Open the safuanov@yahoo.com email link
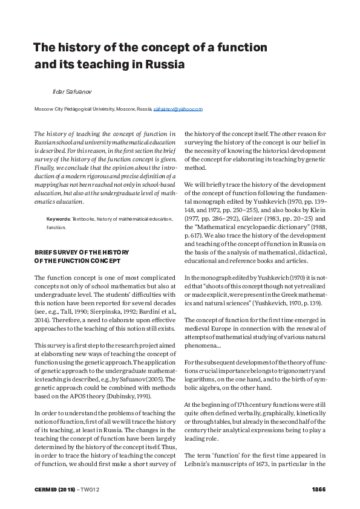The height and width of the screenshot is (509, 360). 178,109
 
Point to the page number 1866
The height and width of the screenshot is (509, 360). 319,488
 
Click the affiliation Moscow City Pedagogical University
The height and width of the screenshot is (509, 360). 76,109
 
